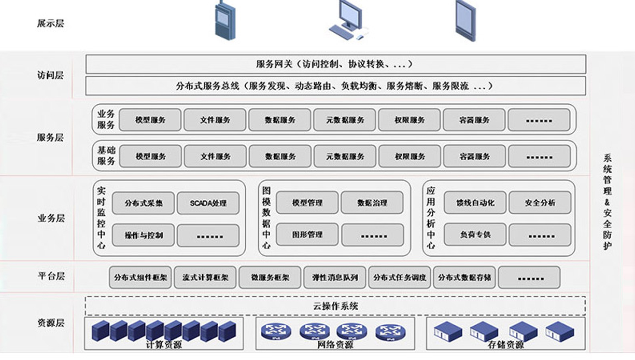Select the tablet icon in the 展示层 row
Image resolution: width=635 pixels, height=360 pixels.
[x=465, y=21]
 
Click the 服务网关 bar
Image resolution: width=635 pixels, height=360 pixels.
[x=335, y=64]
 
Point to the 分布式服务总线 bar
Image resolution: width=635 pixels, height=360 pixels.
[x=335, y=86]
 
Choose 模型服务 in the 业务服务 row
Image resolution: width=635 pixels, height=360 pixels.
[x=150, y=120]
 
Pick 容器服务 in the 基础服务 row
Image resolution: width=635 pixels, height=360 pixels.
[x=474, y=156]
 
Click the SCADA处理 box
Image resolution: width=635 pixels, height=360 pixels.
[x=208, y=203]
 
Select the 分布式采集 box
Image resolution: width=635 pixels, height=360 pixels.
[x=144, y=203]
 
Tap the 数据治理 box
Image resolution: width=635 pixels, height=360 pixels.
[x=372, y=203]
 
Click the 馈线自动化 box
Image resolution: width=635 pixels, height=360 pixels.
[x=475, y=203]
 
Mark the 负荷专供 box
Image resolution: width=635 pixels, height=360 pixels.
[x=475, y=235]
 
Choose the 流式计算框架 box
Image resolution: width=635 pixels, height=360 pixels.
[x=205, y=278]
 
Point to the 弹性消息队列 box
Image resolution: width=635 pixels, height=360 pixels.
[x=335, y=278]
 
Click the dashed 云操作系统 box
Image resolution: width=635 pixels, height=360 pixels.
[x=335, y=306]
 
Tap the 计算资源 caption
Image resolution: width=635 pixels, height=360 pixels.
[x=164, y=345]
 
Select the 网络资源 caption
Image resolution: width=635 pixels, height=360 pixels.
[x=335, y=345]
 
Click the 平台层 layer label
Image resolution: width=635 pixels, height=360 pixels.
[x=51, y=276]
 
